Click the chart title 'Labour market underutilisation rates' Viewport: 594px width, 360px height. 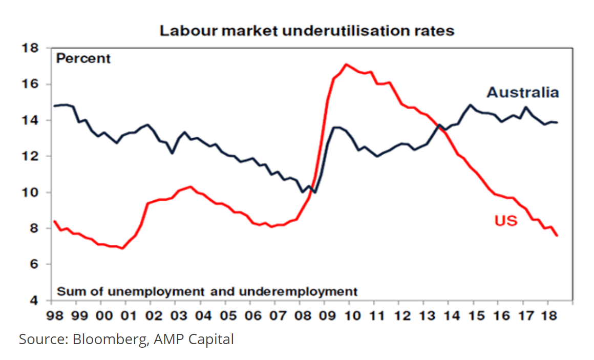307,30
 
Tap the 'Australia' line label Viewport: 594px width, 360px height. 522,93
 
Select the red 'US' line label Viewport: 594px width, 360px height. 506,221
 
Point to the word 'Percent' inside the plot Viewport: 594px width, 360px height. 83,58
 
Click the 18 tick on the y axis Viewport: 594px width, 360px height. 32,49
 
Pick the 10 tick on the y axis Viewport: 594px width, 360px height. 32,193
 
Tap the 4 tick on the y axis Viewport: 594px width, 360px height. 35,301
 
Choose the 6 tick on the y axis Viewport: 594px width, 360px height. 35,265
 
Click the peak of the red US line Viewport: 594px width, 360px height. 346,64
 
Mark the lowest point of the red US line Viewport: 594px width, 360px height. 123,248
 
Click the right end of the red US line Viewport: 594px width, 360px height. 557,236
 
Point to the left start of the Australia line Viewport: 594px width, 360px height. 54,106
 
